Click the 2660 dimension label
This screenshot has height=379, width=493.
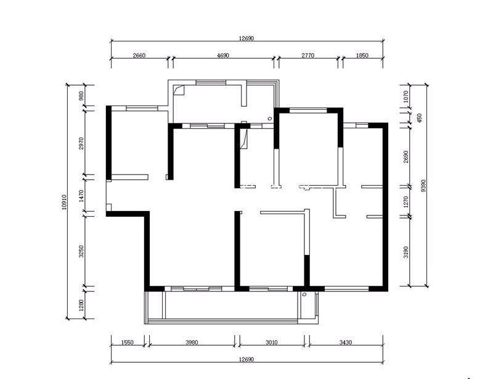coord(139,56)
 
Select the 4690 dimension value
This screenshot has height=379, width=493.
coord(222,56)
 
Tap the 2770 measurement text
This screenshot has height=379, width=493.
coord(308,56)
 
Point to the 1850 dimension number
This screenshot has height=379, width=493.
coord(362,56)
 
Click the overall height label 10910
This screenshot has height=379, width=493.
coord(65,202)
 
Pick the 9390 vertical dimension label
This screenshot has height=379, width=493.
coord(423,186)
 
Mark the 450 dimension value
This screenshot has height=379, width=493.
coord(419,118)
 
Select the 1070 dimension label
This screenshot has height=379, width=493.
coord(405,97)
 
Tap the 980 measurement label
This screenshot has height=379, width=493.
coord(81,96)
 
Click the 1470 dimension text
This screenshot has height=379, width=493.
coord(81,196)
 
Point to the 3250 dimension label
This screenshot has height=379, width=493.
coord(81,251)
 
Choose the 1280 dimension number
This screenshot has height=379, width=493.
coord(81,305)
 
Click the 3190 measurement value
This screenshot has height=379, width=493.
coord(405,252)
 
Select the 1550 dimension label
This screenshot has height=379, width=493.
coord(127,343)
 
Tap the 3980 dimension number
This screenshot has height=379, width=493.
coord(192,343)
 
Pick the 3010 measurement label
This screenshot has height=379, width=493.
coord(271,343)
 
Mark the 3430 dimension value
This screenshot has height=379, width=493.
coord(346,343)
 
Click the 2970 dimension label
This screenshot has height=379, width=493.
coord(81,143)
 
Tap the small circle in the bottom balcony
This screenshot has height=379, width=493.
coord(304,294)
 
